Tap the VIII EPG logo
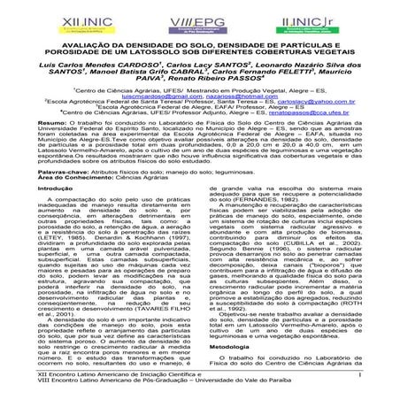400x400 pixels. (x=202, y=19)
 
